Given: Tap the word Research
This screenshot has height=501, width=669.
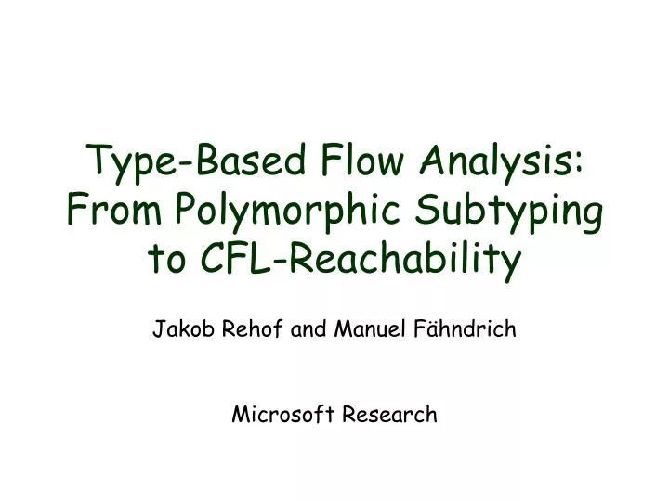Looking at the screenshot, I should tap(390, 415).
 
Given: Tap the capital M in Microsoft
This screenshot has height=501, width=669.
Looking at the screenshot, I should tap(239, 415).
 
